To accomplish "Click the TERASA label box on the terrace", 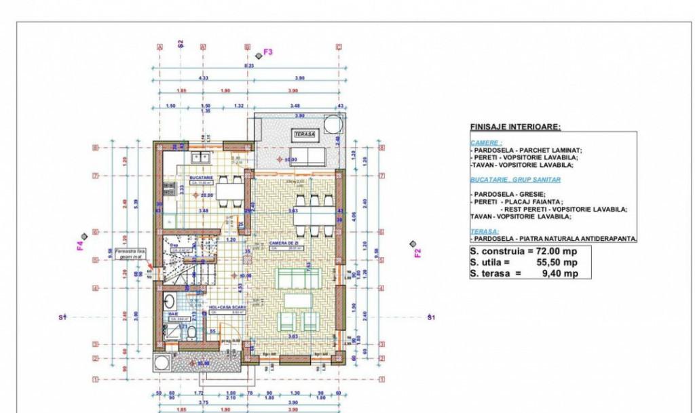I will (305, 135).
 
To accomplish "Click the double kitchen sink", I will (200, 158).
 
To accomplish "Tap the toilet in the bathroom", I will (192, 332).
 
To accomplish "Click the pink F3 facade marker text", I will (267, 52).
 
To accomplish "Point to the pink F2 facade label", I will (418, 253).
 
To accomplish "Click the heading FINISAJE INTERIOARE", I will (515, 127).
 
